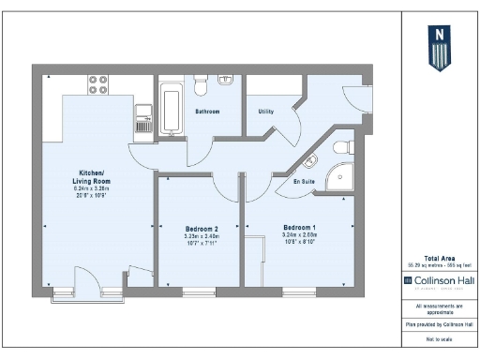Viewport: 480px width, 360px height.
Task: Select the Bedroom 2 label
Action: (201, 229)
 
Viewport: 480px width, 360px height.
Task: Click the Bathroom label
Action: (207, 112)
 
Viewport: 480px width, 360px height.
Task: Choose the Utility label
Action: (265, 112)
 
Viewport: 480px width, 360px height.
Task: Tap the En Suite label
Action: (304, 180)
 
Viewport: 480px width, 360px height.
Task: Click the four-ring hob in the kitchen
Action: (98, 85)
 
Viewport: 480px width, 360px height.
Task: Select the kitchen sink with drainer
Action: (143, 119)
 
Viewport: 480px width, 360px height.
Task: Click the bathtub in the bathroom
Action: (172, 107)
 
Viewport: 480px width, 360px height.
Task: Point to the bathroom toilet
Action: (200, 87)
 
